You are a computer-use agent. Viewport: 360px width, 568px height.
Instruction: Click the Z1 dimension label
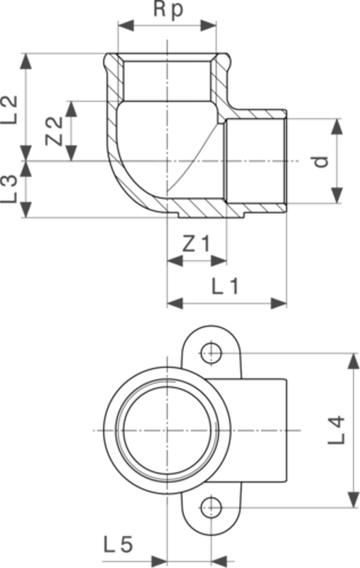[196, 244]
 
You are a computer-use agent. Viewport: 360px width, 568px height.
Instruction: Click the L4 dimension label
[338, 429]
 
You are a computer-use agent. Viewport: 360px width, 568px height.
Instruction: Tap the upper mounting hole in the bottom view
[210, 351]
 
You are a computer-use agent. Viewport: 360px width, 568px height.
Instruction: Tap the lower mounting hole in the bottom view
[210, 506]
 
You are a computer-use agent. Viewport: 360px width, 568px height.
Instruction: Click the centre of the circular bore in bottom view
[166, 430]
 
